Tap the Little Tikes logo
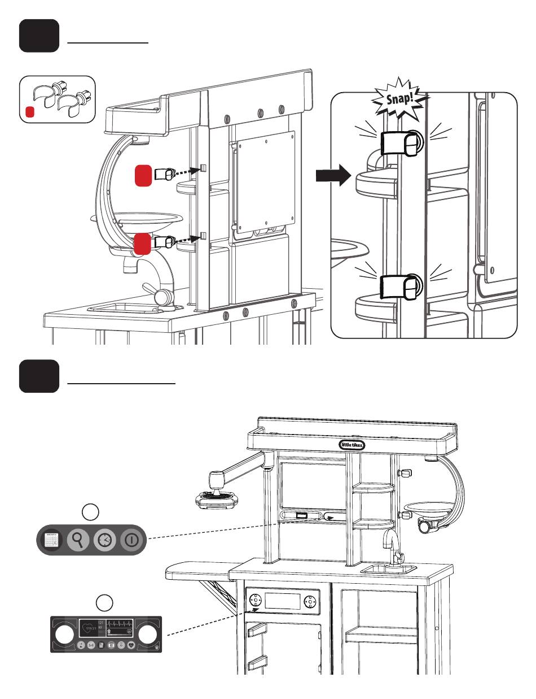(x=352, y=445)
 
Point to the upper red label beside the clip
(x=143, y=175)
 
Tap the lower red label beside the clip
(x=143, y=244)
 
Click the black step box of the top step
(x=39, y=36)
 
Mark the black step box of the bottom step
(x=39, y=376)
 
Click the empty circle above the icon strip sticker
(x=90, y=512)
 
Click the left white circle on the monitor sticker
(x=65, y=635)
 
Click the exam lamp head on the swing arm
(x=216, y=498)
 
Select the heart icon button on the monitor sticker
(x=131, y=645)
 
